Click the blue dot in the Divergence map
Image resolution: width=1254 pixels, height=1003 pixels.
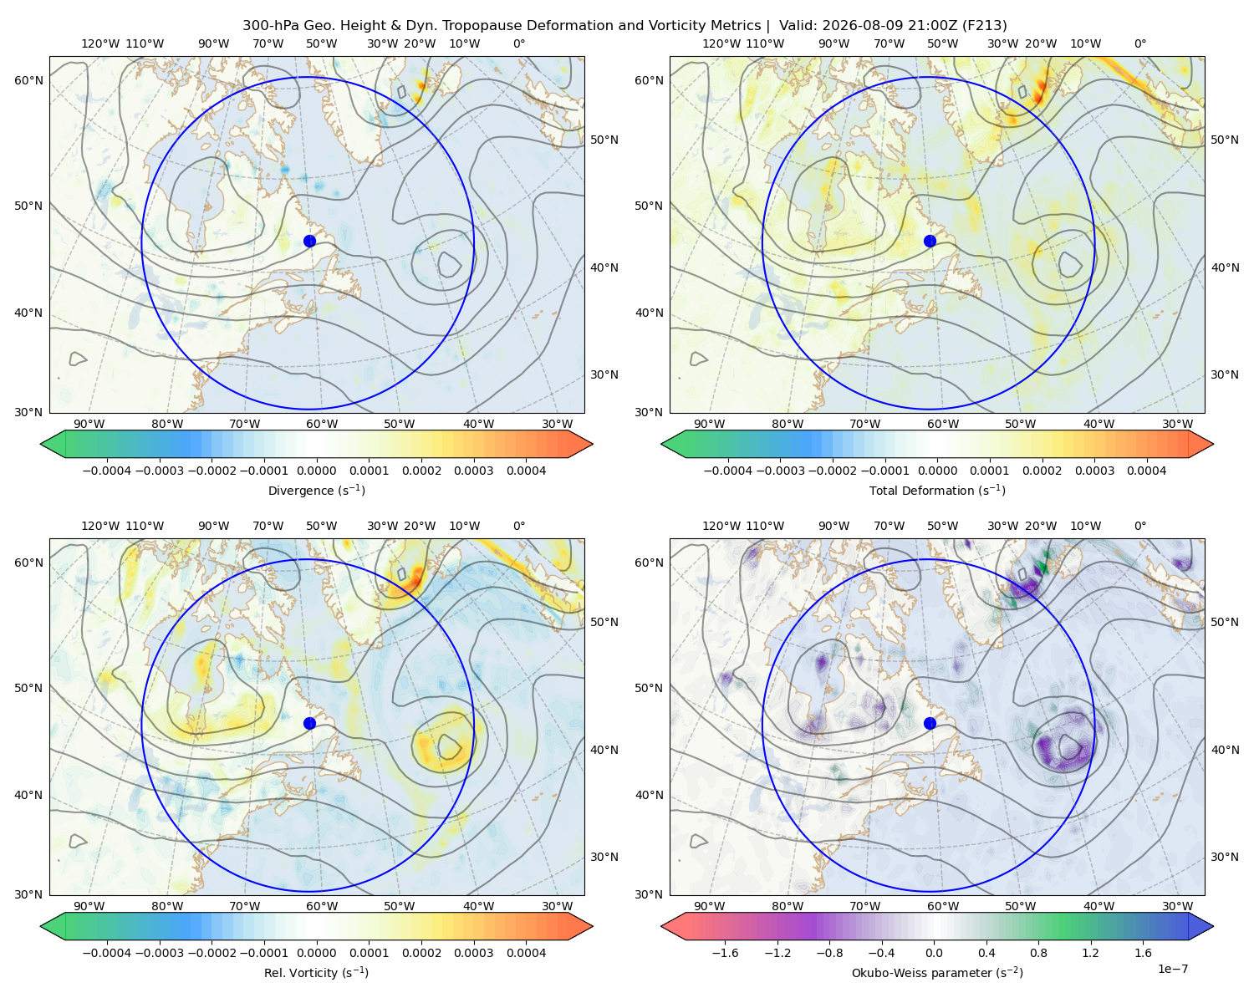[309, 242]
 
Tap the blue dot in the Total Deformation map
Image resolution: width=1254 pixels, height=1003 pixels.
[930, 242]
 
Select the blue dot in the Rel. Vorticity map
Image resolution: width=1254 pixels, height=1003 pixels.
[309, 723]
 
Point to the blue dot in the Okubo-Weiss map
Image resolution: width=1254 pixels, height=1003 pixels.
[930, 723]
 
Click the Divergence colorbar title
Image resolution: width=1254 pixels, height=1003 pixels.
[316, 490]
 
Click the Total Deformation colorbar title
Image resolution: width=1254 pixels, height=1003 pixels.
[937, 490]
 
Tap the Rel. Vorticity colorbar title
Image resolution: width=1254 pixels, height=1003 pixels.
[316, 973]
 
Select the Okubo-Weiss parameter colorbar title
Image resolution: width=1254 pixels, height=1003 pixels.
[937, 973]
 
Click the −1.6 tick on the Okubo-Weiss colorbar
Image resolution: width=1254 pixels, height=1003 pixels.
[725, 953]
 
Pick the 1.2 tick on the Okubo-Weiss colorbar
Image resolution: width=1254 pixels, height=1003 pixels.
[1090, 953]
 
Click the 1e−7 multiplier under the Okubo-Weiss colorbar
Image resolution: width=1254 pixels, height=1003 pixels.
[1172, 970]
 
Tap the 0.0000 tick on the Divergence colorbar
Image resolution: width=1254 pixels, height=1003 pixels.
[316, 471]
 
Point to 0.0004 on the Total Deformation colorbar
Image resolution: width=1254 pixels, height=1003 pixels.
[1147, 471]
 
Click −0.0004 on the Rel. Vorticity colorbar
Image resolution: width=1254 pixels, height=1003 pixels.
[107, 953]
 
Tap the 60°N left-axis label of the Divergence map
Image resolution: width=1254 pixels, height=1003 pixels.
[28, 80]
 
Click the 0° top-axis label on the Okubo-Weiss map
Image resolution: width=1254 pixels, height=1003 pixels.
[1139, 526]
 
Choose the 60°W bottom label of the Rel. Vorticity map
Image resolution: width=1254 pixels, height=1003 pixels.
[322, 906]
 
